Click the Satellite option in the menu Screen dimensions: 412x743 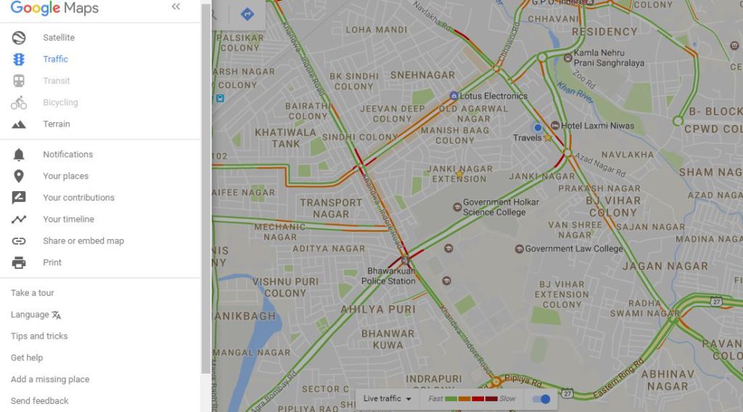coord(58,38)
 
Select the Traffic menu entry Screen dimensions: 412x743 coord(55,60)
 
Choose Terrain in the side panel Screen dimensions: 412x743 coord(56,124)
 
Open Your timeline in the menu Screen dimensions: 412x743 coord(68,219)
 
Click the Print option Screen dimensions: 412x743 coord(52,263)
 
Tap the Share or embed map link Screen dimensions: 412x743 coord(83,241)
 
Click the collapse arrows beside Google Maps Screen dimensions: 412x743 coord(176,7)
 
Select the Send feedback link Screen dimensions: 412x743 coord(40,401)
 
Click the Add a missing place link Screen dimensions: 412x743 coord(50,379)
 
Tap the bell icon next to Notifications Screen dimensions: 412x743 coord(19,155)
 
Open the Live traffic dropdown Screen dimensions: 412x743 coord(387,399)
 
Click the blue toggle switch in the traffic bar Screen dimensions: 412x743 coord(541,399)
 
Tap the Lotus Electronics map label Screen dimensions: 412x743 coord(493,96)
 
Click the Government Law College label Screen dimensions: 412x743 coord(573,249)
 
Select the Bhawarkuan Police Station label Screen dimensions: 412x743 coord(388,276)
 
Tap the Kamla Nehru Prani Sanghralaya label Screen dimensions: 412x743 coord(608,58)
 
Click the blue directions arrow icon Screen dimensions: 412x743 coord(247,14)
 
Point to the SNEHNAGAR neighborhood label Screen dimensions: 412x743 coord(422,75)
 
